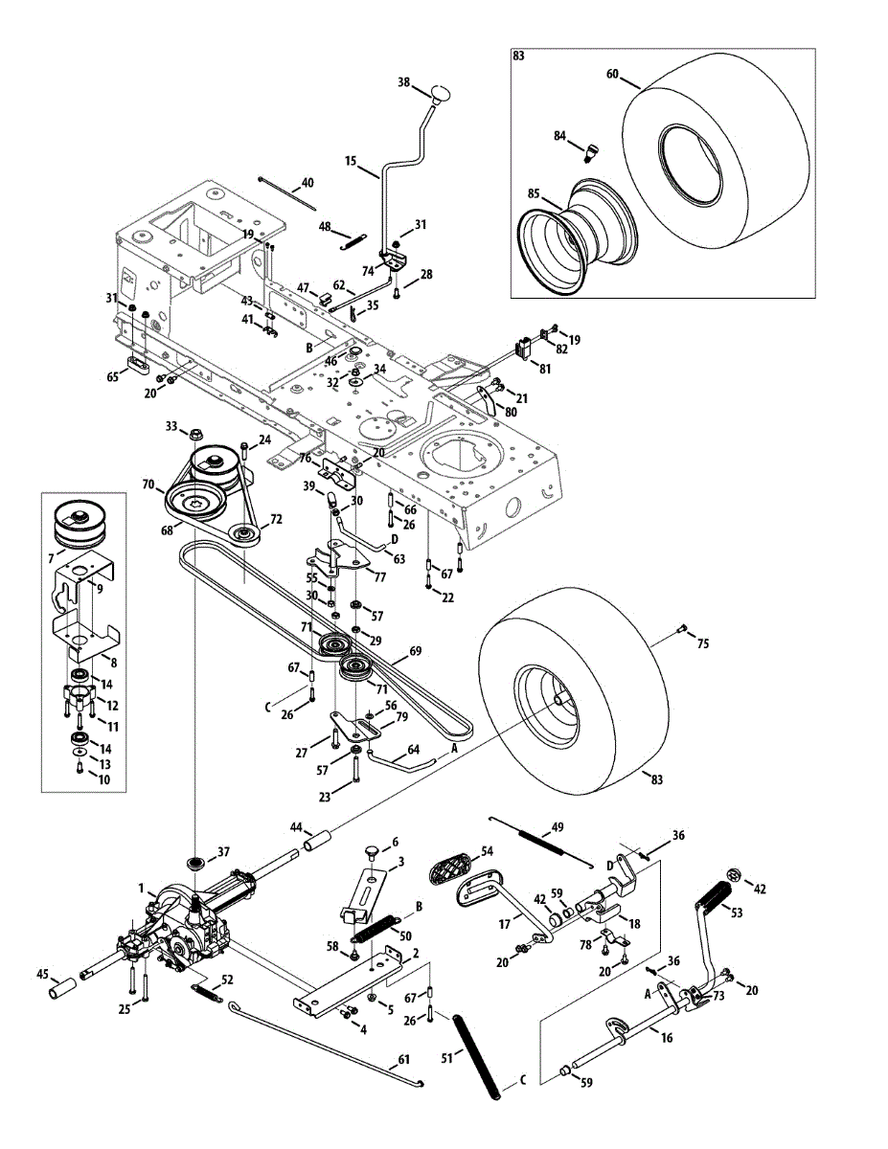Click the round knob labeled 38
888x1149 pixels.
pos(441,93)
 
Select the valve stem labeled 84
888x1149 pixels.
pos(592,149)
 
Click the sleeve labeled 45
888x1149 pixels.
pos(64,986)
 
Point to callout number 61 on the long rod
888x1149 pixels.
pos(402,1059)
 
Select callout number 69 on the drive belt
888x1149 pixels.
pos(415,651)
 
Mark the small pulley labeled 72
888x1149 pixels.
pos(245,534)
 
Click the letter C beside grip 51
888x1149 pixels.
pos(523,1079)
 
